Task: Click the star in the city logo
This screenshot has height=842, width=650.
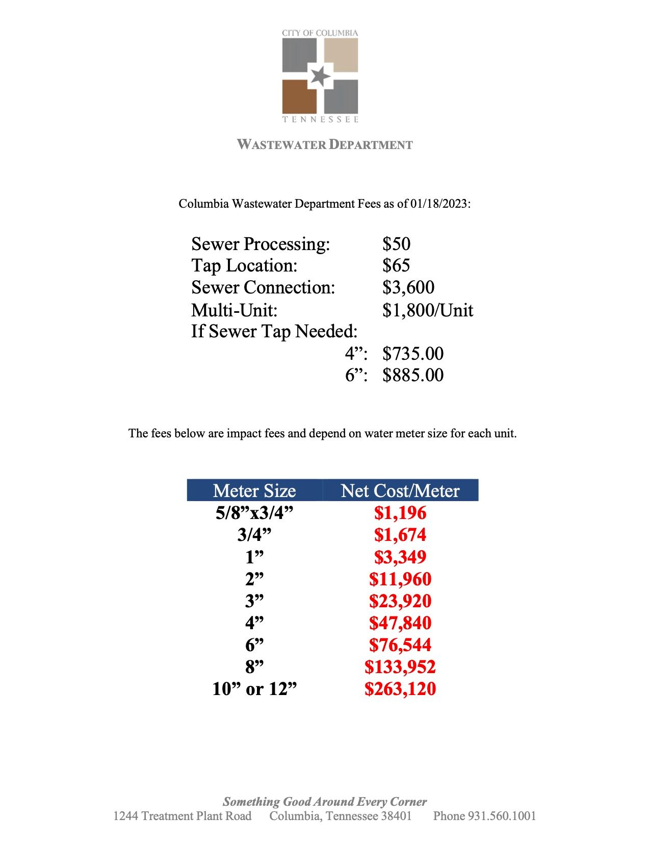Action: pos(320,76)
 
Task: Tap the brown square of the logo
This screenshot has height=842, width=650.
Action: pos(299,96)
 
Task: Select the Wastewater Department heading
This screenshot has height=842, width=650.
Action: pos(325,144)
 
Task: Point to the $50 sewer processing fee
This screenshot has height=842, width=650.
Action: pos(396,244)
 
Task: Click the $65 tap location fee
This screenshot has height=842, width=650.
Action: pos(396,265)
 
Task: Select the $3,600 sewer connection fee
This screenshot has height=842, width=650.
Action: pos(408,287)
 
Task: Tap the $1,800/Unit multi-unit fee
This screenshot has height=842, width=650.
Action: pos(428,310)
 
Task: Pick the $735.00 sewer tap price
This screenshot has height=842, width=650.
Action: pos(413,354)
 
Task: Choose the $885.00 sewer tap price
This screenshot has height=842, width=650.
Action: pos(413,376)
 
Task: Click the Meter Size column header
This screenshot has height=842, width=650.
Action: pos(254,490)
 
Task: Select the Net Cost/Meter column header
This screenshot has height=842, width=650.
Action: pos(400,490)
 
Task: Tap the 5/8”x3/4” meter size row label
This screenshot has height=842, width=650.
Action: pos(254,513)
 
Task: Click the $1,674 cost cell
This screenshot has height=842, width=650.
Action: pos(400,535)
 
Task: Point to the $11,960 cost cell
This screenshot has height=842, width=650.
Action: pos(400,579)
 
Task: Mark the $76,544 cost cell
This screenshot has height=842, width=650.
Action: pos(400,645)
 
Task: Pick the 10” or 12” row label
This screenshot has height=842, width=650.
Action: pos(254,689)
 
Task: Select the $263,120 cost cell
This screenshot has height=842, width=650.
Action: pos(400,689)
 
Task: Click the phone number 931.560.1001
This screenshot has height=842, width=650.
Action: pos(502,816)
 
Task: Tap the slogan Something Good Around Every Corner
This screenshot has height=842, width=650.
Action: pos(325,802)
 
